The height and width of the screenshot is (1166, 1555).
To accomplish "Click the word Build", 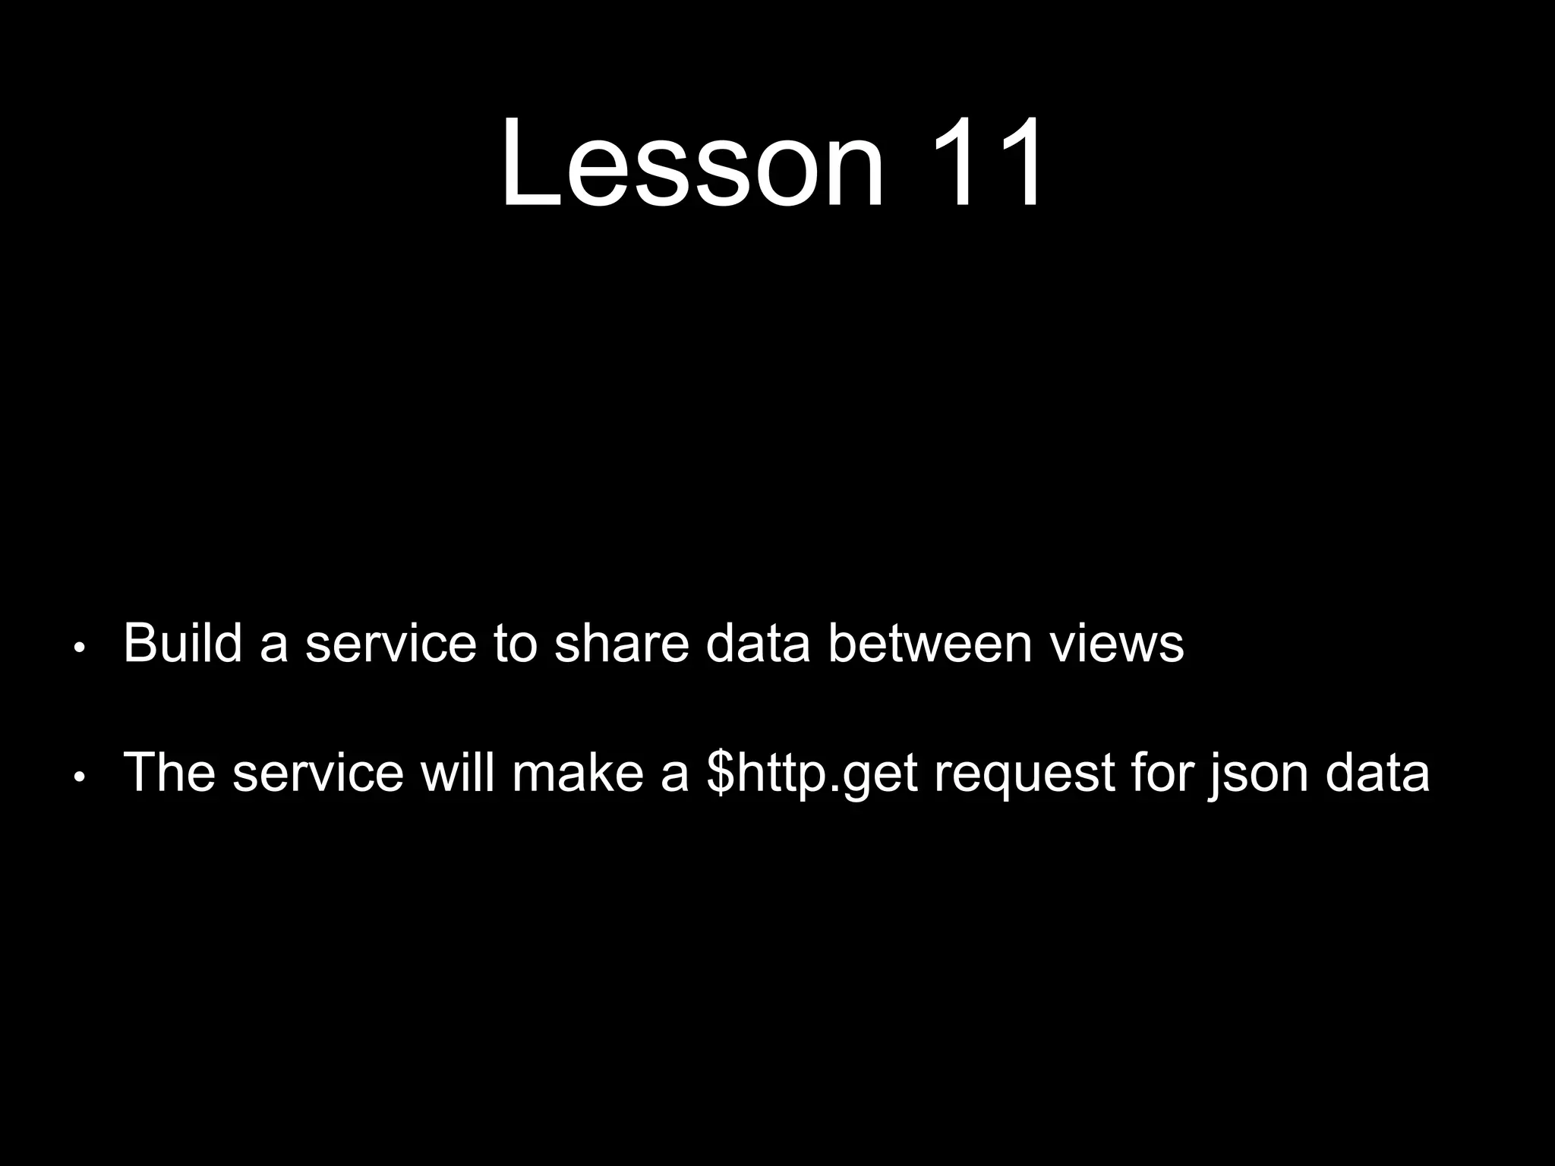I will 182,644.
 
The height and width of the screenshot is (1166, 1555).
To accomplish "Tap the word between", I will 929,644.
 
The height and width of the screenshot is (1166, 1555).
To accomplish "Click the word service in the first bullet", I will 390,644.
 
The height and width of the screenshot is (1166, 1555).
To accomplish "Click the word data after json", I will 1377,773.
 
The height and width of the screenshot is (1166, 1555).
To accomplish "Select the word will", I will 458,773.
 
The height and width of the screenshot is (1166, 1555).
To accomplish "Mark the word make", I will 577,773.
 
